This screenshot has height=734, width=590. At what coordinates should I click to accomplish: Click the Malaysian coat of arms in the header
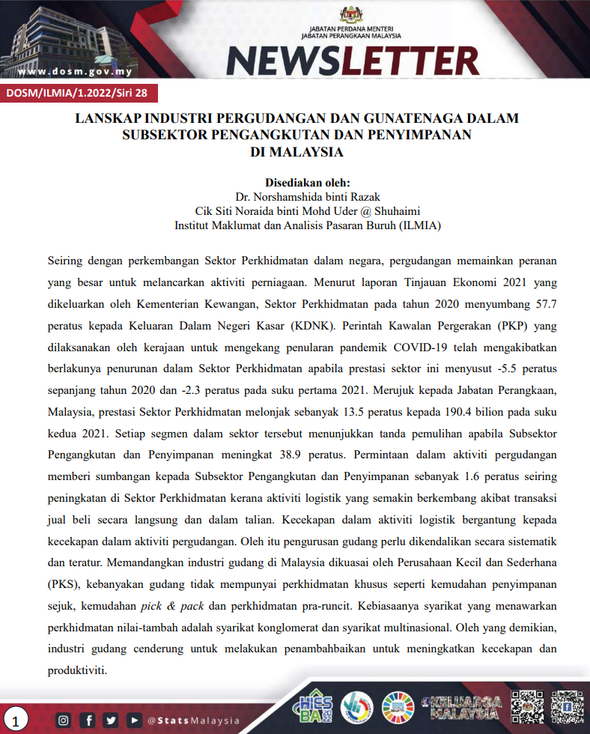point(351,14)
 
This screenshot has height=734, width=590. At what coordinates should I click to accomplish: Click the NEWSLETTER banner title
point(352,59)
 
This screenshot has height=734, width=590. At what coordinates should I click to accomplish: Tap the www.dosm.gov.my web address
point(75,72)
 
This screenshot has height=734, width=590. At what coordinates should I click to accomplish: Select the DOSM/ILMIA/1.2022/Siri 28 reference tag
point(78,94)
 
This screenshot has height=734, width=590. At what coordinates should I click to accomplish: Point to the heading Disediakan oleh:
point(308,183)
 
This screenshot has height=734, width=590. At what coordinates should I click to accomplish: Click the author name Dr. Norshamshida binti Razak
point(308,197)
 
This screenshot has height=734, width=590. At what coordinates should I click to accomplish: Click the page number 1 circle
point(16,721)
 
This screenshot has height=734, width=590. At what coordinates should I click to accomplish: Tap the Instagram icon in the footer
point(64,721)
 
